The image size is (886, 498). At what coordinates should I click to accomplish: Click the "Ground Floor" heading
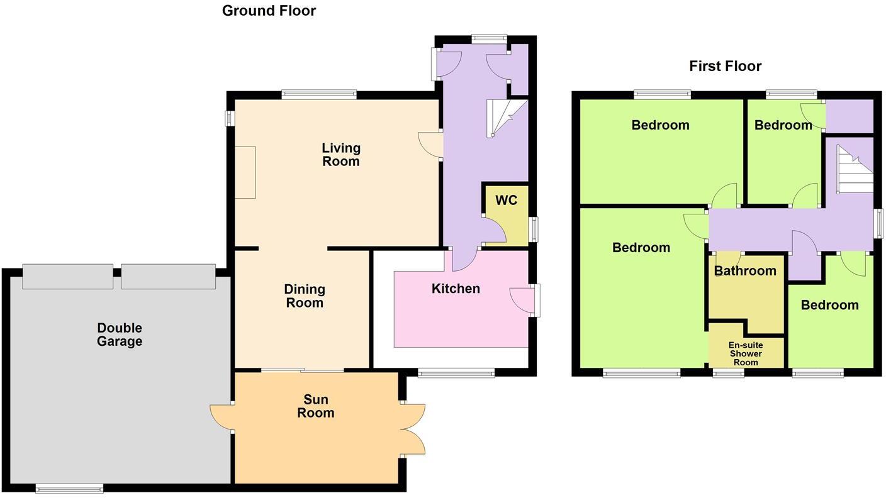269,11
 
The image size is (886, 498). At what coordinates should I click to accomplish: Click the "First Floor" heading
725,66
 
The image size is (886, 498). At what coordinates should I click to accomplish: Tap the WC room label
506,201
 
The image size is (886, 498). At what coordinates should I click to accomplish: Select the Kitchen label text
456,289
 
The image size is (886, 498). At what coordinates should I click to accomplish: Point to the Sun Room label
316,406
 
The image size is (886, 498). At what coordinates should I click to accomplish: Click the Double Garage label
120,335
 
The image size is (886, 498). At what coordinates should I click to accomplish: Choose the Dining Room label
305,296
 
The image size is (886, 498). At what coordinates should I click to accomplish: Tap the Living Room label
341,155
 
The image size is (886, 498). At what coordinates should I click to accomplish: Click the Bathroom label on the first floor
745,271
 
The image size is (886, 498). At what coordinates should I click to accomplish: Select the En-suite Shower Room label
746,353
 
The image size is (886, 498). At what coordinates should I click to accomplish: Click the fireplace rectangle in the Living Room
245,172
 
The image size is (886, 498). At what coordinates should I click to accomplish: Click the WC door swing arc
495,230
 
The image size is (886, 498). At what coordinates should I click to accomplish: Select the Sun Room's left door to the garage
221,418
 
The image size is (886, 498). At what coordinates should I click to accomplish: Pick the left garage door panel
68,277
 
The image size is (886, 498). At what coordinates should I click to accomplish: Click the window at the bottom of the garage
69,488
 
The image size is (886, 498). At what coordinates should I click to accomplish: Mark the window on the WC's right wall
534,229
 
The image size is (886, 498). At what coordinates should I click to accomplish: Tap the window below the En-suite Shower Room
728,373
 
